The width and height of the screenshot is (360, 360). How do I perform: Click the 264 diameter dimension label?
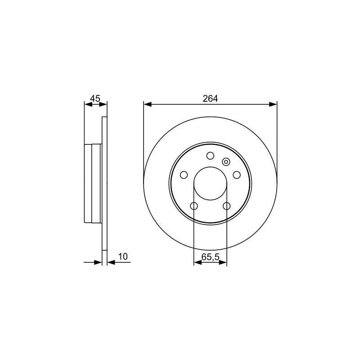coord(210,99)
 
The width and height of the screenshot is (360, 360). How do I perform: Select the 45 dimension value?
coord(95,99)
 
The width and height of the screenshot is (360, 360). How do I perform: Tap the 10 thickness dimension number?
coord(123,256)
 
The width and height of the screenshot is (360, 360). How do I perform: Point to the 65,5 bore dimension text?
coord(210,257)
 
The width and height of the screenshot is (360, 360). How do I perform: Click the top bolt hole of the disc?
coord(210,156)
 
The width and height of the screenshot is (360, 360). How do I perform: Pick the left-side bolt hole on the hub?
coord(184,175)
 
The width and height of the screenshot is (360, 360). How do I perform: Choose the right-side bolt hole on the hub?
coord(237,175)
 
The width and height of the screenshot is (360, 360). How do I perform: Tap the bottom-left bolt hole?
coord(194,206)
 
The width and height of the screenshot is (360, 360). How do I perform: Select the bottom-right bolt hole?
coord(227,206)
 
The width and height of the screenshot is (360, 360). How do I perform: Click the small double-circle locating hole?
coord(226,162)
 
